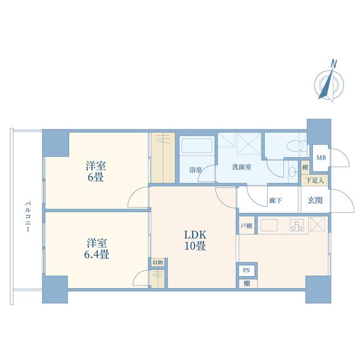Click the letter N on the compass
334,64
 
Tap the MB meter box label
321,158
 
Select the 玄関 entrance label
315,200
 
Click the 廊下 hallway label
276,200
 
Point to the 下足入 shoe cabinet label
315,181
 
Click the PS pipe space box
246,270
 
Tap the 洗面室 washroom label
241,167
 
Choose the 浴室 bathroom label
196,170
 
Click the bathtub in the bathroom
197,146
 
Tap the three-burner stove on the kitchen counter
296,225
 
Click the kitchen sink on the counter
269,225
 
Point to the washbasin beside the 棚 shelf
292,172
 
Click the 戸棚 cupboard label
246,226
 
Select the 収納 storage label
157,263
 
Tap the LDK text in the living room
195,235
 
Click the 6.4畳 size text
96,254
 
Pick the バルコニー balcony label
28,217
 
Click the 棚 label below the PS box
246,283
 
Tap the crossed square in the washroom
249,144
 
